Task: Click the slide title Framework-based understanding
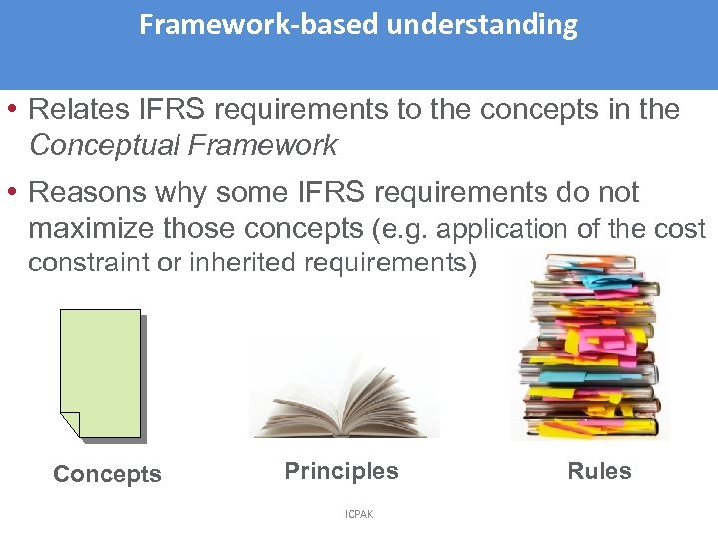click(x=358, y=25)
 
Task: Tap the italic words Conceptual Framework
click(x=183, y=146)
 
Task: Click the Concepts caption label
click(x=107, y=474)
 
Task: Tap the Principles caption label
click(x=341, y=471)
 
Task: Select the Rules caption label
click(x=599, y=471)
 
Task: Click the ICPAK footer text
click(x=359, y=514)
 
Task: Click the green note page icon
click(x=100, y=371)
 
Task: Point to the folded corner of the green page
click(x=69, y=425)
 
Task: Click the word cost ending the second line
click(x=680, y=229)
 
